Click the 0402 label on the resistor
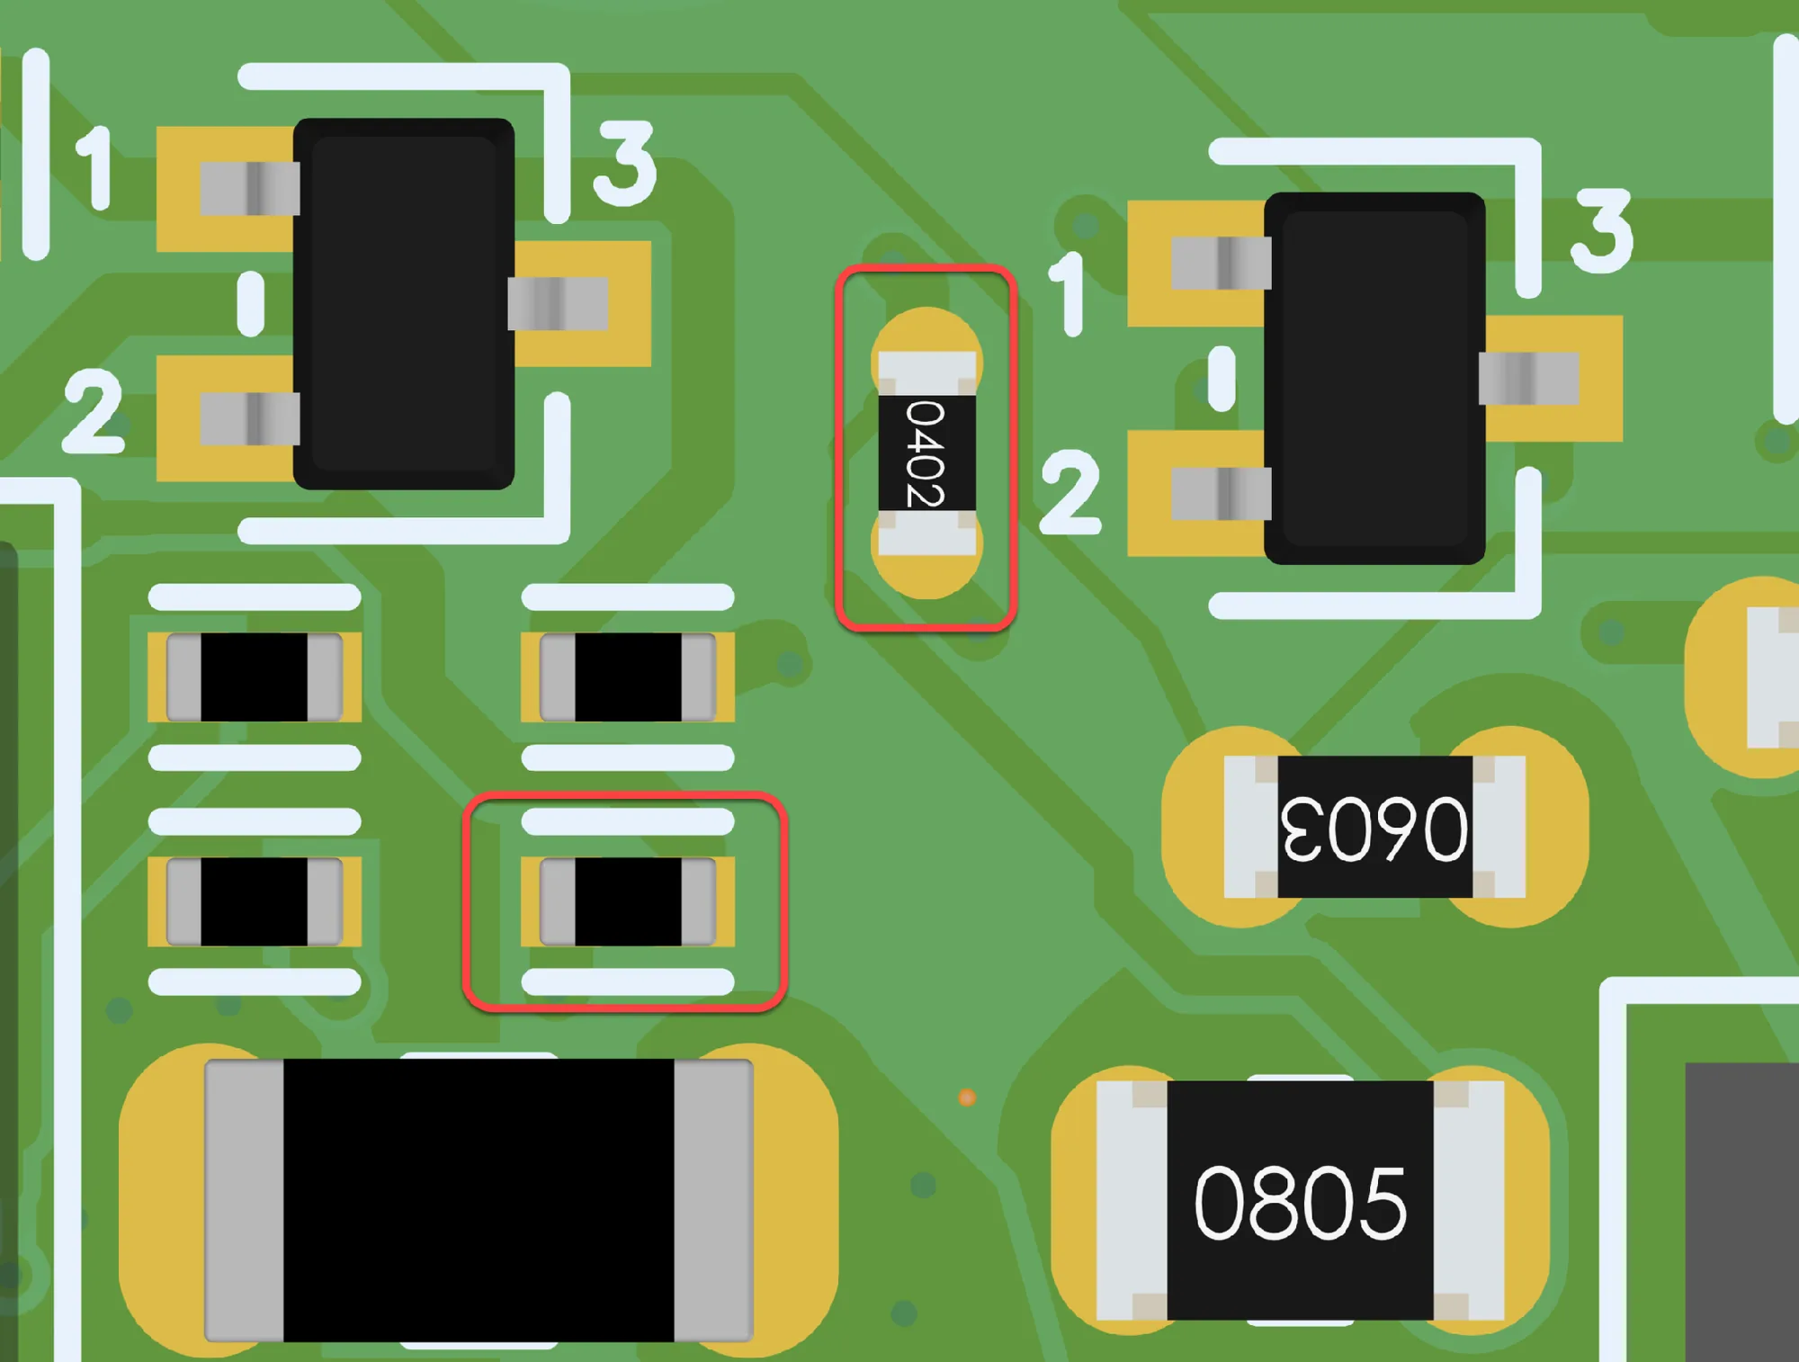point(926,453)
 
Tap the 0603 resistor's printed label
point(1374,829)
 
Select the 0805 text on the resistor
point(1300,1203)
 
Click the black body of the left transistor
point(404,304)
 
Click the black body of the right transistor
point(1374,379)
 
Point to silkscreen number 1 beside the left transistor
point(94,168)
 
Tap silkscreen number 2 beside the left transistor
point(93,410)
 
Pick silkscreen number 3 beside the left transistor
point(625,164)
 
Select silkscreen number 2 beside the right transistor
point(1070,492)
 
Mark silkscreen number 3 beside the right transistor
point(1602,231)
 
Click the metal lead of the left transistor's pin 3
point(559,304)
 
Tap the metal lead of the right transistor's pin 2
point(1222,494)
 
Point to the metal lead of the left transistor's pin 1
point(250,189)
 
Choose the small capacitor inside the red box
point(628,902)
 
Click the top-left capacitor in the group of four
point(255,677)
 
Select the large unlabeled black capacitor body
point(479,1200)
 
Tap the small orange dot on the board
point(967,1098)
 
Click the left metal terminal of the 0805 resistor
point(1132,1200)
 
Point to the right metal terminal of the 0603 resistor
point(1499,827)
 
